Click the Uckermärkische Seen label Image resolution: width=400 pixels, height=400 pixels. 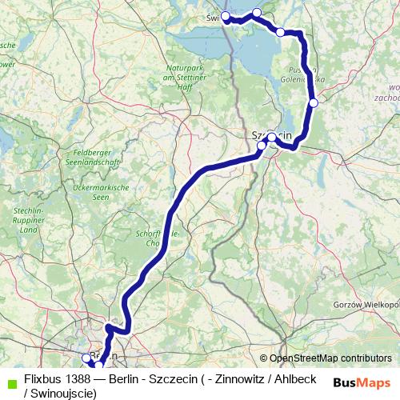tap(89, 191)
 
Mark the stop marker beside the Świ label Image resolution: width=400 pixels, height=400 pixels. tap(226, 16)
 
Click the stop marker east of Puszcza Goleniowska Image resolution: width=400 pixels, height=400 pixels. tap(314, 102)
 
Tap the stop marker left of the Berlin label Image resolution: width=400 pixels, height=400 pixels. tap(86, 358)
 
